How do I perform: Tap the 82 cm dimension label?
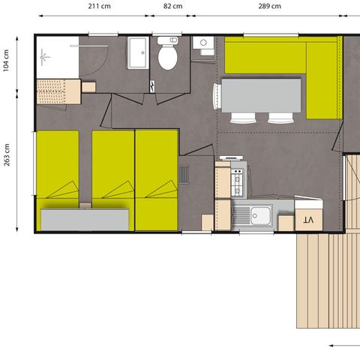[172, 6]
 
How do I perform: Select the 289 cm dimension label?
[271, 6]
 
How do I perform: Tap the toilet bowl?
[167, 56]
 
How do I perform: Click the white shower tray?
[57, 56]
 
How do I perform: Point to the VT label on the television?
[307, 219]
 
